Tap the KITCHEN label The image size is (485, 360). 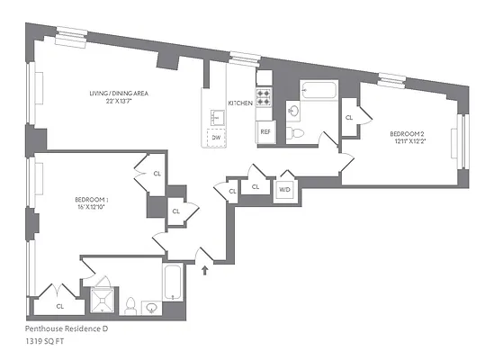coord(240,103)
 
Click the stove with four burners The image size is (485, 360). coord(265,96)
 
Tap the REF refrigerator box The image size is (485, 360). coord(265,131)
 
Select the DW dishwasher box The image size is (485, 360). coord(216,138)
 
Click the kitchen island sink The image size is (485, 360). coord(217,117)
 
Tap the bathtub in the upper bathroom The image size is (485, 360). coord(319,91)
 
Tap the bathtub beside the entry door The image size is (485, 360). coord(175,285)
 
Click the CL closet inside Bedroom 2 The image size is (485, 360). coord(349,118)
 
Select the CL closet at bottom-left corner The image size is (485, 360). coord(59,305)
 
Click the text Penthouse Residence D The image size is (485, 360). coord(66,329)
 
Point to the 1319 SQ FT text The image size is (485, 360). coord(45,342)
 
